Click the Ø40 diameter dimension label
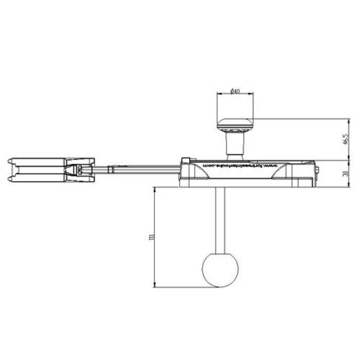pos(235,91)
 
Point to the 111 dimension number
pos(150,238)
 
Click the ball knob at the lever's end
pos(221,269)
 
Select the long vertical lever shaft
pos(221,219)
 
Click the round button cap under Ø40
pos(235,124)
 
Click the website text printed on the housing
pos(242,165)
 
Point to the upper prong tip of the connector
pos(11,163)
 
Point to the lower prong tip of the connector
pos(11,179)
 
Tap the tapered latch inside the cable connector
pos(78,171)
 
